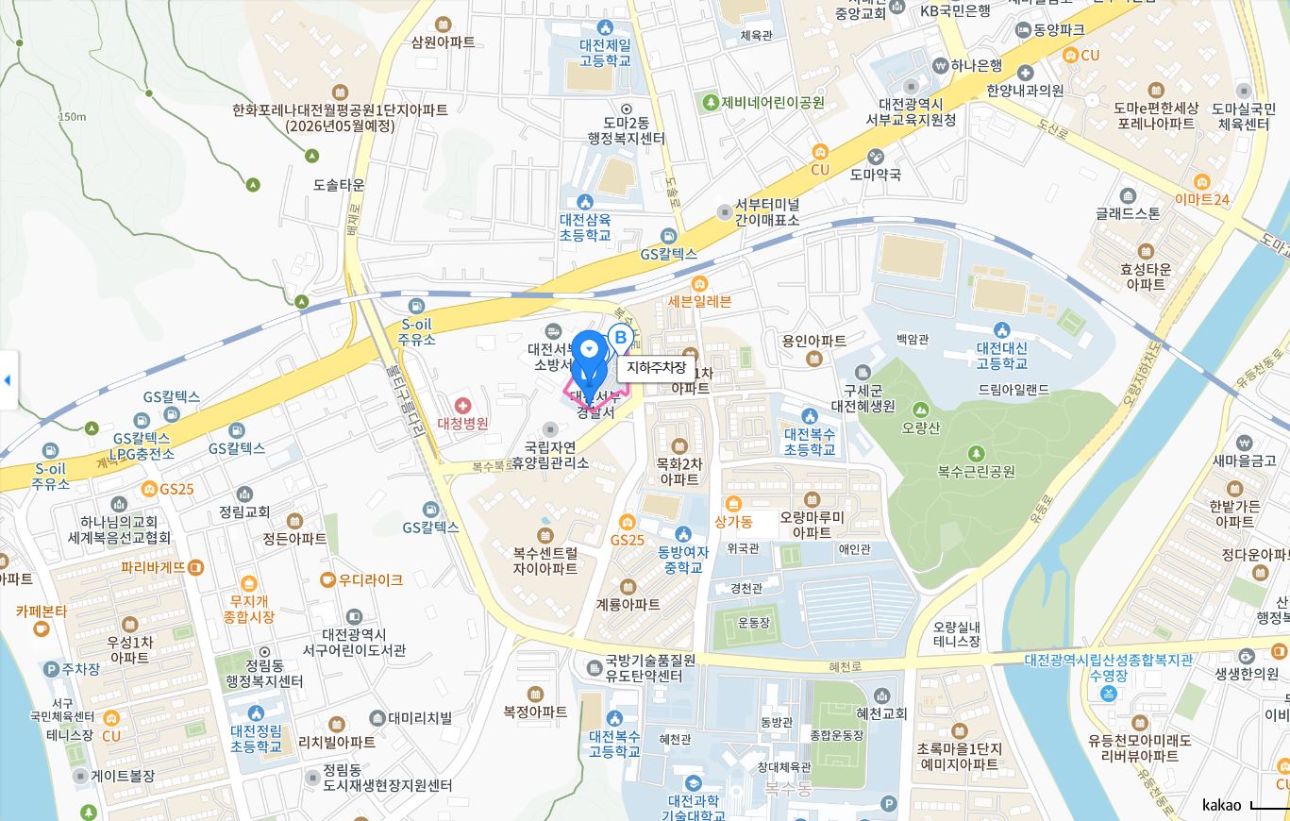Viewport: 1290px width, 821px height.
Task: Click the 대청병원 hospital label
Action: pyautogui.click(x=462, y=423)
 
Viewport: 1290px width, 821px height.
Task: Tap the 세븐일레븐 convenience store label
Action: pyautogui.click(x=699, y=301)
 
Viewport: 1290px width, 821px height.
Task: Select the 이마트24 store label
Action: pyautogui.click(x=1202, y=199)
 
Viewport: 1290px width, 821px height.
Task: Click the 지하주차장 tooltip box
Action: pyautogui.click(x=657, y=367)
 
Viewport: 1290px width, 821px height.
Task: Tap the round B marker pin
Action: pyautogui.click(x=620, y=337)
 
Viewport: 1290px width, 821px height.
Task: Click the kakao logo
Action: pyautogui.click(x=1221, y=804)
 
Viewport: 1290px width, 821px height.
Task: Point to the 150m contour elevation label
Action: pyautogui.click(x=72, y=117)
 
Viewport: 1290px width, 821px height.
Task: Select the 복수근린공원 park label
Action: pyautogui.click(x=976, y=470)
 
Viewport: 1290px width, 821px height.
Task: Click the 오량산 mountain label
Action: pyautogui.click(x=921, y=427)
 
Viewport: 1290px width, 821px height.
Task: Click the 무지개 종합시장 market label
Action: pyautogui.click(x=249, y=608)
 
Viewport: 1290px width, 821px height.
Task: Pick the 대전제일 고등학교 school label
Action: pyautogui.click(x=605, y=52)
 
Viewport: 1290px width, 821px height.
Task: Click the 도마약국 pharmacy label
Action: pyautogui.click(x=876, y=174)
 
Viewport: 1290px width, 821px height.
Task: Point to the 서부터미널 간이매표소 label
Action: pyautogui.click(x=766, y=212)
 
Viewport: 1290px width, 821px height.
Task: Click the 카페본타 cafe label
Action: pyautogui.click(x=41, y=612)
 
